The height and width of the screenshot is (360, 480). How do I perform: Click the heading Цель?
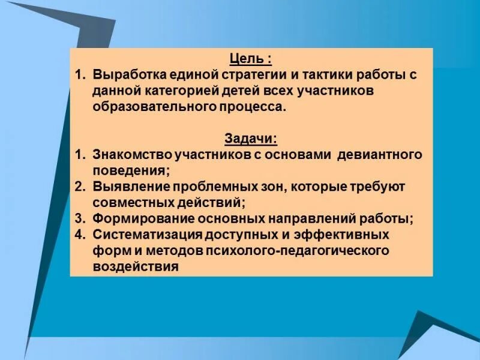click(x=247, y=59)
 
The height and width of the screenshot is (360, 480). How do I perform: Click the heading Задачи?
click(x=250, y=139)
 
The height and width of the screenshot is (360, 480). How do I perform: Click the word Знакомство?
click(x=131, y=155)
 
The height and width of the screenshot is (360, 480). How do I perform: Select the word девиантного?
click(x=380, y=155)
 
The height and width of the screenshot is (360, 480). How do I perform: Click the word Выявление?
click(x=125, y=186)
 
